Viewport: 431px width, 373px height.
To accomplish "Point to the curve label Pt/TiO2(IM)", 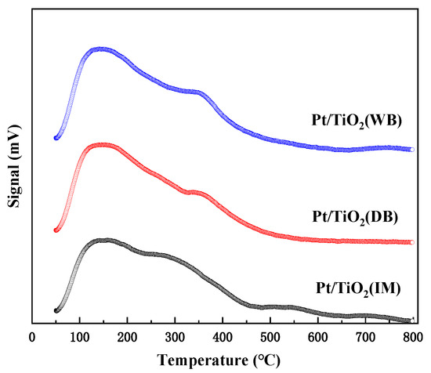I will click(357, 290).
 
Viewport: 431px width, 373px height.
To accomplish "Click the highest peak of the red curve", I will click(102, 145).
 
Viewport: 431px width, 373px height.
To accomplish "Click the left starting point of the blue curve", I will click(56, 138).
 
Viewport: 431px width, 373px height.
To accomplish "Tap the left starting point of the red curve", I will click(56, 230).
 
